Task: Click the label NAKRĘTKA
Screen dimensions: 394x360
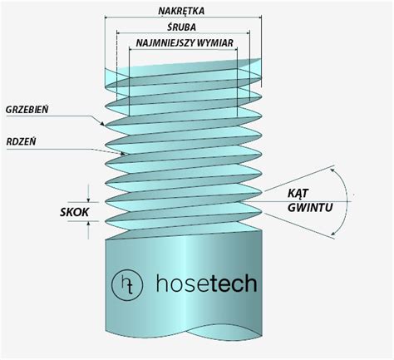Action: (x=181, y=11)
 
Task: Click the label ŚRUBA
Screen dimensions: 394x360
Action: (x=182, y=27)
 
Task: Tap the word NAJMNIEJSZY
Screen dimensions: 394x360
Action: (x=165, y=43)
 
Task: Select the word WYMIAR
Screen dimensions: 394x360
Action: (x=214, y=43)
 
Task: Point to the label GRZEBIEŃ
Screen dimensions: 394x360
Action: (x=27, y=110)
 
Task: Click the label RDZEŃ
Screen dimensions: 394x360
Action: (x=21, y=142)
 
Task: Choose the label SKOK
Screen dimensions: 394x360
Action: (x=74, y=212)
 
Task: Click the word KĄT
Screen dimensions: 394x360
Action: (x=298, y=193)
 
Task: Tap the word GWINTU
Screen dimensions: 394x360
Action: (x=310, y=207)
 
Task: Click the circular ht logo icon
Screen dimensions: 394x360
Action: (x=127, y=284)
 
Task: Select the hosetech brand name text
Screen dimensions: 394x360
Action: (x=206, y=284)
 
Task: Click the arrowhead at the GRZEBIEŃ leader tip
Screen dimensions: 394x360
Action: (x=102, y=124)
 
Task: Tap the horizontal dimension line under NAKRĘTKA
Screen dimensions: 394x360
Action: (x=183, y=17)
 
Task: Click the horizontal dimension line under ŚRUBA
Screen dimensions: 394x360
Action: (x=183, y=33)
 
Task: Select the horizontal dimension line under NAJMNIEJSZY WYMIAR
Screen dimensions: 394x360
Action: (x=183, y=49)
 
